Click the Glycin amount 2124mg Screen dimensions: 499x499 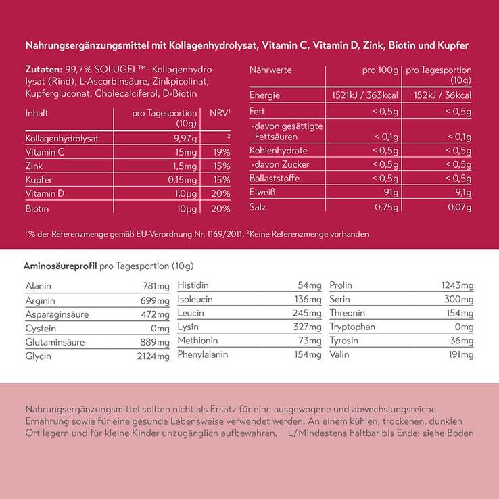tap(153, 356)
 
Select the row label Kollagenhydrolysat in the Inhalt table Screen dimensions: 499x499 tap(62, 138)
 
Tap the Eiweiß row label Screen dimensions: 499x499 tap(262, 193)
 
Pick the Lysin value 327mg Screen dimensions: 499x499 tap(308, 327)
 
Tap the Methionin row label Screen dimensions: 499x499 tap(197, 340)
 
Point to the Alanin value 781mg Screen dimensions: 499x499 tap(156, 286)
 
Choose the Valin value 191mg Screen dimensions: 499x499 tap(460, 354)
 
